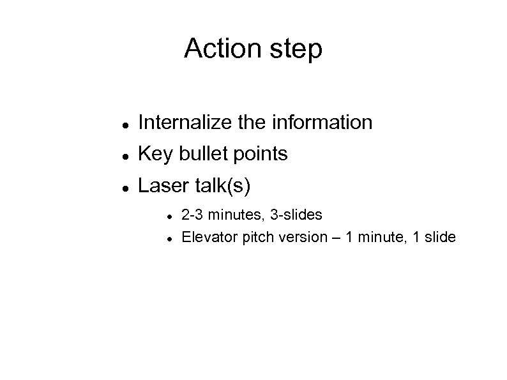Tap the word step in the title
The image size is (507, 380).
point(298,50)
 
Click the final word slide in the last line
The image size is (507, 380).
point(441,238)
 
